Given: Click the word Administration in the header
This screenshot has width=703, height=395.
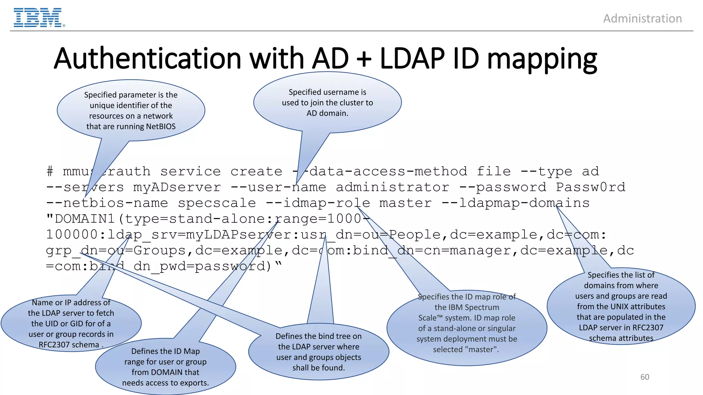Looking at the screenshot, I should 642,19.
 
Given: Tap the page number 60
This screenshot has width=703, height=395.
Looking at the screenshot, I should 645,377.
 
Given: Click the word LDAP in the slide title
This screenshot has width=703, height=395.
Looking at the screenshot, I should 412,58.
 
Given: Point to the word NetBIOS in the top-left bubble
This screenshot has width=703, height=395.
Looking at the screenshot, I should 161,127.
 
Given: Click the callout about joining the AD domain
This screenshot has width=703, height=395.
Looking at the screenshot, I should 327,103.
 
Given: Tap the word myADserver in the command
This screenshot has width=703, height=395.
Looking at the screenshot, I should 177,187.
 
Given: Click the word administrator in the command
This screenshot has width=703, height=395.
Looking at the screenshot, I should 392,187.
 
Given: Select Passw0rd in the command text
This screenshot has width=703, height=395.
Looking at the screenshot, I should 590,187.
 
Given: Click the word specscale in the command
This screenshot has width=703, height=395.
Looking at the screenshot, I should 217,203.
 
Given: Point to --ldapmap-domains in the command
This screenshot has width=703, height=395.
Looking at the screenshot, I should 515,203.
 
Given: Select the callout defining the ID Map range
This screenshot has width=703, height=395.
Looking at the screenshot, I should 165,367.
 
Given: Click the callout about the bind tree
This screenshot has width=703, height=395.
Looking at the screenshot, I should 319,352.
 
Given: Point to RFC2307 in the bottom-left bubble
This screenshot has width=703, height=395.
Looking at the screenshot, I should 54,345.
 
